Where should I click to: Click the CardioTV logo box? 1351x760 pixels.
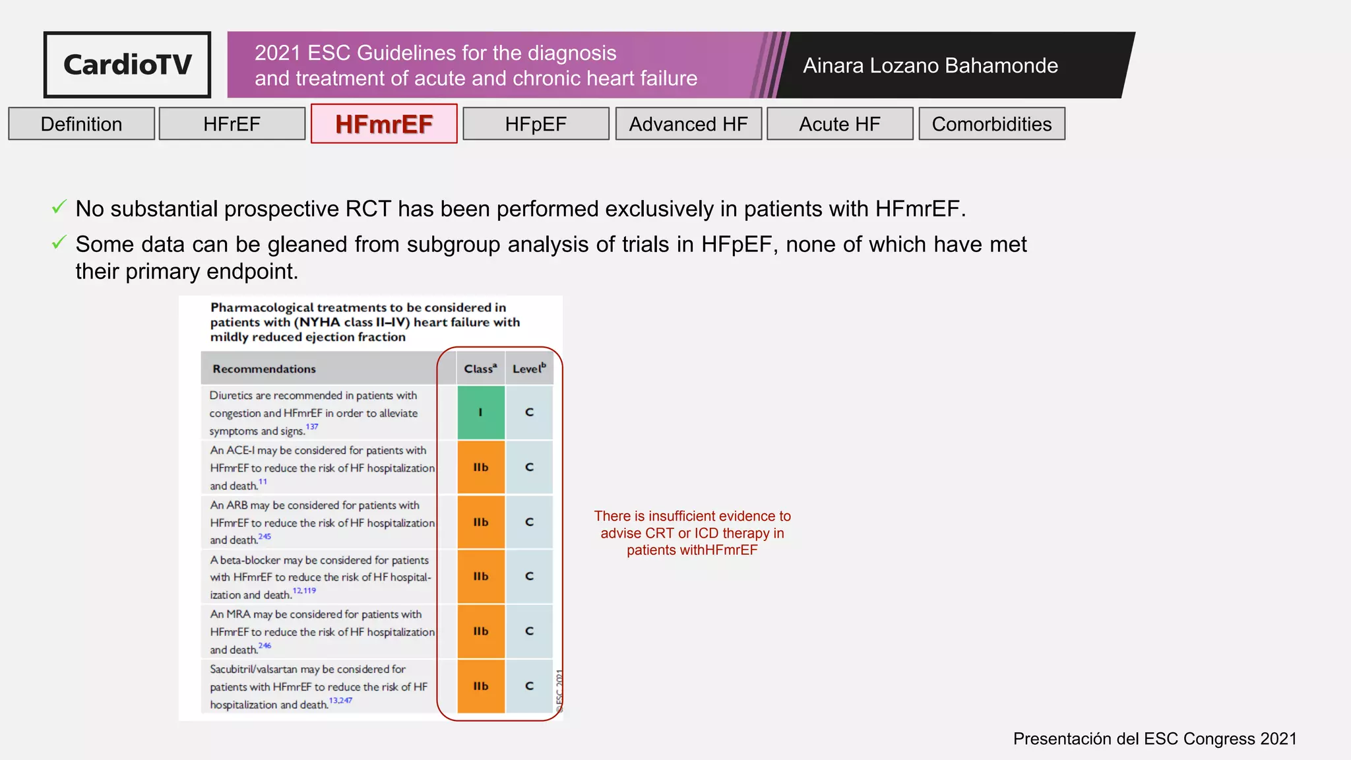coord(127,65)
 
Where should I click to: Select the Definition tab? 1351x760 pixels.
coord(81,124)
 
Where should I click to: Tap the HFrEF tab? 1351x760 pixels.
coord(232,124)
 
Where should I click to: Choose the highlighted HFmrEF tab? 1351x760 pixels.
coord(384,124)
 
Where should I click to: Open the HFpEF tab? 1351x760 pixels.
coord(536,124)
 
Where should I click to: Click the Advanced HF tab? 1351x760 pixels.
coord(688,124)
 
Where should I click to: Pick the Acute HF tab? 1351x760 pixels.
coord(840,124)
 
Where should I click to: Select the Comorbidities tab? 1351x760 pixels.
coord(991,124)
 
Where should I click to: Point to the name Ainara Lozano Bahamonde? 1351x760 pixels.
coord(930,65)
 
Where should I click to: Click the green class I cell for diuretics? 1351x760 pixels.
coord(481,412)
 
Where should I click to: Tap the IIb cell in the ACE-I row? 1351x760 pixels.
coord(481,467)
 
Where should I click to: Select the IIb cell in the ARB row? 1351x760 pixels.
coord(481,522)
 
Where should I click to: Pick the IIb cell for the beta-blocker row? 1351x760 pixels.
coord(481,577)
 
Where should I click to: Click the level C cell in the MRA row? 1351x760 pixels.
coord(529,631)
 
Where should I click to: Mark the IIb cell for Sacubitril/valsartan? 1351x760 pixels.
coord(481,686)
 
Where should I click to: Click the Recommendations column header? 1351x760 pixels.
coord(264,369)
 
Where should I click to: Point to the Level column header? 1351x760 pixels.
coord(529,369)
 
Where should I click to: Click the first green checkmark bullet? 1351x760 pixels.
coord(59,208)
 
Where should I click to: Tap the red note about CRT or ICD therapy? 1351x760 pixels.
coord(692,533)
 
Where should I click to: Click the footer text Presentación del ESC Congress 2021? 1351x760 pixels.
coord(1154,739)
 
